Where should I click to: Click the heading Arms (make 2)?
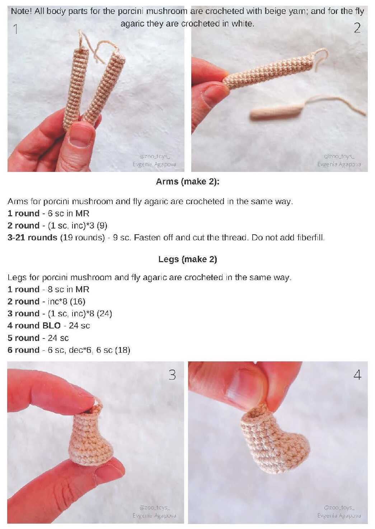click(x=188, y=182)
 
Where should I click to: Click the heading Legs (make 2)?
click(x=188, y=259)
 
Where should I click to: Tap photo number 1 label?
click(x=16, y=29)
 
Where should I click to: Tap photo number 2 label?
click(x=357, y=28)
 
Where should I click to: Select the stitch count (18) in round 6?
click(x=123, y=350)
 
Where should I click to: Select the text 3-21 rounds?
click(x=32, y=237)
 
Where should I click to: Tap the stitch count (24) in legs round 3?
click(x=104, y=314)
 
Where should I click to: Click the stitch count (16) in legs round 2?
click(x=78, y=302)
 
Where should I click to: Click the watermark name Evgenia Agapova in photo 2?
click(x=339, y=164)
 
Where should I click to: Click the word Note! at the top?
click(x=21, y=11)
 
